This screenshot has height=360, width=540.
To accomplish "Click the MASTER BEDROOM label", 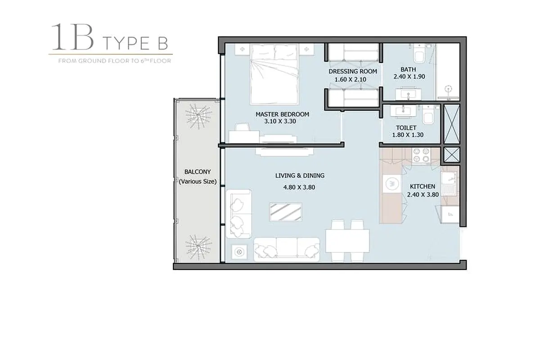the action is (x=282, y=114).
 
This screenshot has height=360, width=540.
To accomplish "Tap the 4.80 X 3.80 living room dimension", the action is (x=299, y=187).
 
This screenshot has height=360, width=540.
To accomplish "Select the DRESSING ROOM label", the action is (x=353, y=72).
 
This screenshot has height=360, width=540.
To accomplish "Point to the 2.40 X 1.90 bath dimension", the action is (x=409, y=76).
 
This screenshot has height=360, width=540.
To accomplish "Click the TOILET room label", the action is (x=406, y=128).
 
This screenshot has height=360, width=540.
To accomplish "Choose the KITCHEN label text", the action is (x=423, y=186).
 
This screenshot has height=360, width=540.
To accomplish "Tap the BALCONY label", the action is (x=198, y=172).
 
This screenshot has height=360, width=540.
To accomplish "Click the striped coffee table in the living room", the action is (x=286, y=212).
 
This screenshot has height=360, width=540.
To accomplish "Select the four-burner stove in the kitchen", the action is (x=421, y=155).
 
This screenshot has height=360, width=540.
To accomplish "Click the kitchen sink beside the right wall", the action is (x=449, y=184).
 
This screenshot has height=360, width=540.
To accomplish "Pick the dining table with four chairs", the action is (x=347, y=241).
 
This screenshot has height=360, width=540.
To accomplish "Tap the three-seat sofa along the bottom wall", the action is (x=287, y=250).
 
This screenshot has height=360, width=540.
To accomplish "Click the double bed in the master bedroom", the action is (x=274, y=74).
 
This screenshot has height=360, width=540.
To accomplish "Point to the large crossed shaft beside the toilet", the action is (x=452, y=124).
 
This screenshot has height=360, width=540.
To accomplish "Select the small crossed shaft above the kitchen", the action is (x=452, y=155).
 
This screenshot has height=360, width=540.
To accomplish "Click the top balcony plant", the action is (x=198, y=116).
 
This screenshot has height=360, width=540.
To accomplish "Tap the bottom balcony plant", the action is (x=198, y=247).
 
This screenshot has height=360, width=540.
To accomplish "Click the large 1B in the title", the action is (x=72, y=37).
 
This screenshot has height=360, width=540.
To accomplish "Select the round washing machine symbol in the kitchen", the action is (x=391, y=184).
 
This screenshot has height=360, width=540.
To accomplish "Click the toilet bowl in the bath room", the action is (x=419, y=54).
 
